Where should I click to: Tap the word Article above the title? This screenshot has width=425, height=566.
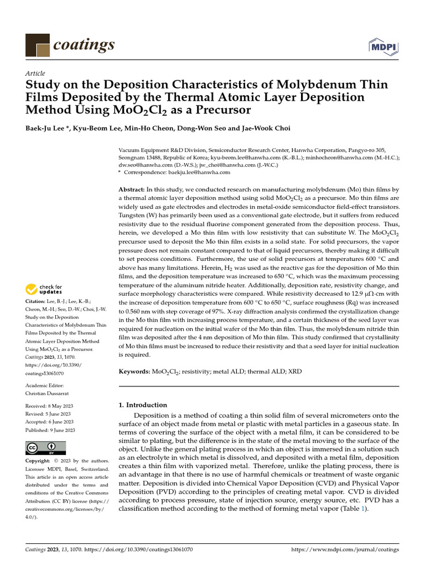(x=35, y=74)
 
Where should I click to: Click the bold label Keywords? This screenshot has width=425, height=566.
(x=134, y=371)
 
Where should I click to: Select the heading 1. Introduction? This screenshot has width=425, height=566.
(x=143, y=405)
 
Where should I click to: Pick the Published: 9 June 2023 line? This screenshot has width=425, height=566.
(x=50, y=430)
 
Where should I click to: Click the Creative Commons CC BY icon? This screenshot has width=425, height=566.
(x=45, y=447)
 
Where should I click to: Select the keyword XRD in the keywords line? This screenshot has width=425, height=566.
(x=296, y=371)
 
